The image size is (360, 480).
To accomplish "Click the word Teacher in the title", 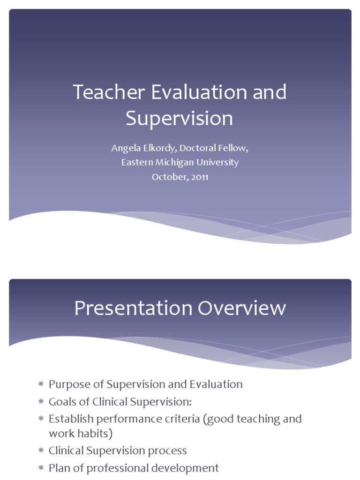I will click(x=109, y=92).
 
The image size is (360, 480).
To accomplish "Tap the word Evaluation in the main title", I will click(x=199, y=92).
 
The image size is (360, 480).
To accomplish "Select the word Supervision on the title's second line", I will click(x=179, y=119).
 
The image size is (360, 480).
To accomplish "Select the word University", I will click(x=220, y=163).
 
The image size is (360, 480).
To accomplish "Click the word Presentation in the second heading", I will click(x=133, y=308).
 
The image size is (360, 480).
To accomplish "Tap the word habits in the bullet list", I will click(x=95, y=434).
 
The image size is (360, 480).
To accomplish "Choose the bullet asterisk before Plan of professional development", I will click(x=40, y=468).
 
